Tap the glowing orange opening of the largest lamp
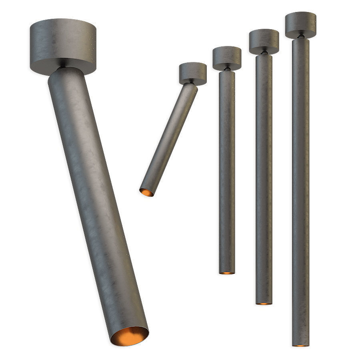tap(129, 336)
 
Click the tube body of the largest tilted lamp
tap(96, 200)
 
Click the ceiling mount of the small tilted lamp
tap(193, 73)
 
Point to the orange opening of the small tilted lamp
tap(146, 192)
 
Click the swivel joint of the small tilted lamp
tap(192, 83)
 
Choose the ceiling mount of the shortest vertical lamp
tap(227, 57)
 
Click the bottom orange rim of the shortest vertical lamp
tap(227, 273)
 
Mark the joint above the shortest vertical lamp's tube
tap(227, 69)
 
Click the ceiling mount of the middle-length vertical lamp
tap(264, 40)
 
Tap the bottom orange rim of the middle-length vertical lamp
tap(264, 304)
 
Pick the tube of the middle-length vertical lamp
tap(264, 180)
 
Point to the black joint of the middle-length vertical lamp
tap(264, 52)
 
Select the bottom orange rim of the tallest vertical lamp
tap(300, 345)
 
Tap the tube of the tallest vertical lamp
tap(300, 192)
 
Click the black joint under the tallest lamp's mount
tap(300, 37)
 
